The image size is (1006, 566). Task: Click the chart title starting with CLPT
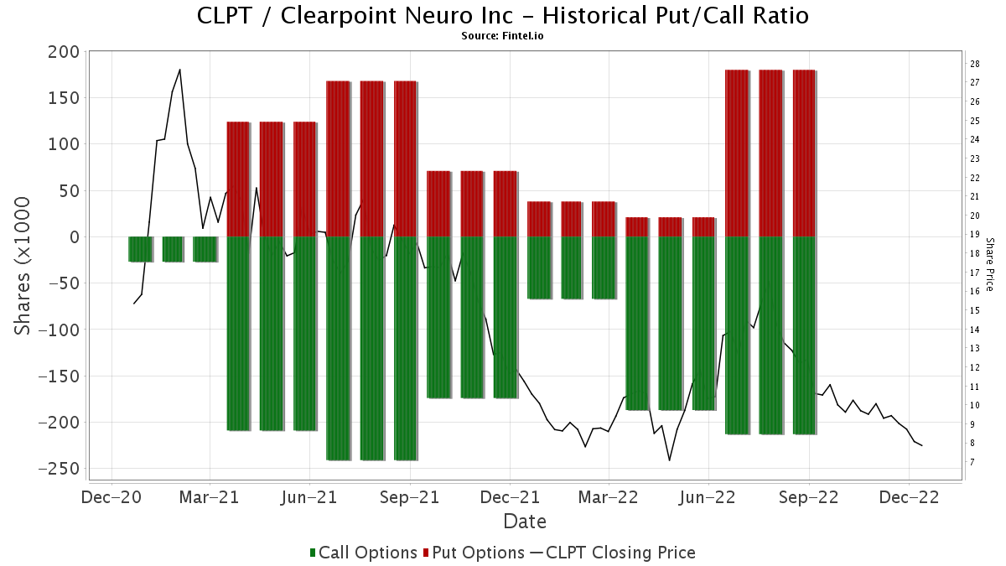pos(503,15)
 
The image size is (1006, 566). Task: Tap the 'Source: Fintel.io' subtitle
pos(503,35)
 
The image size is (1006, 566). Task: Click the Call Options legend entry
pos(363,553)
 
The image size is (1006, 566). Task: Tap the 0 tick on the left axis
pos(72,237)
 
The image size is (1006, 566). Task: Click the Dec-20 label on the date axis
pos(111,497)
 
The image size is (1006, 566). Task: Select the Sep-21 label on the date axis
pos(410,497)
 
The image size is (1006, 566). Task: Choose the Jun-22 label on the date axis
pos(708,497)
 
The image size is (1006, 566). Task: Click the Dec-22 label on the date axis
pos(909,497)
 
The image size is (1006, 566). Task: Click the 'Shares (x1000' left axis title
pos(23,266)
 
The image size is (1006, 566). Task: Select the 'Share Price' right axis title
pos(990,263)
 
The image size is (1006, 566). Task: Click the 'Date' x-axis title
pos(525,522)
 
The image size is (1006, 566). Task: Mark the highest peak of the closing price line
pos(179,70)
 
